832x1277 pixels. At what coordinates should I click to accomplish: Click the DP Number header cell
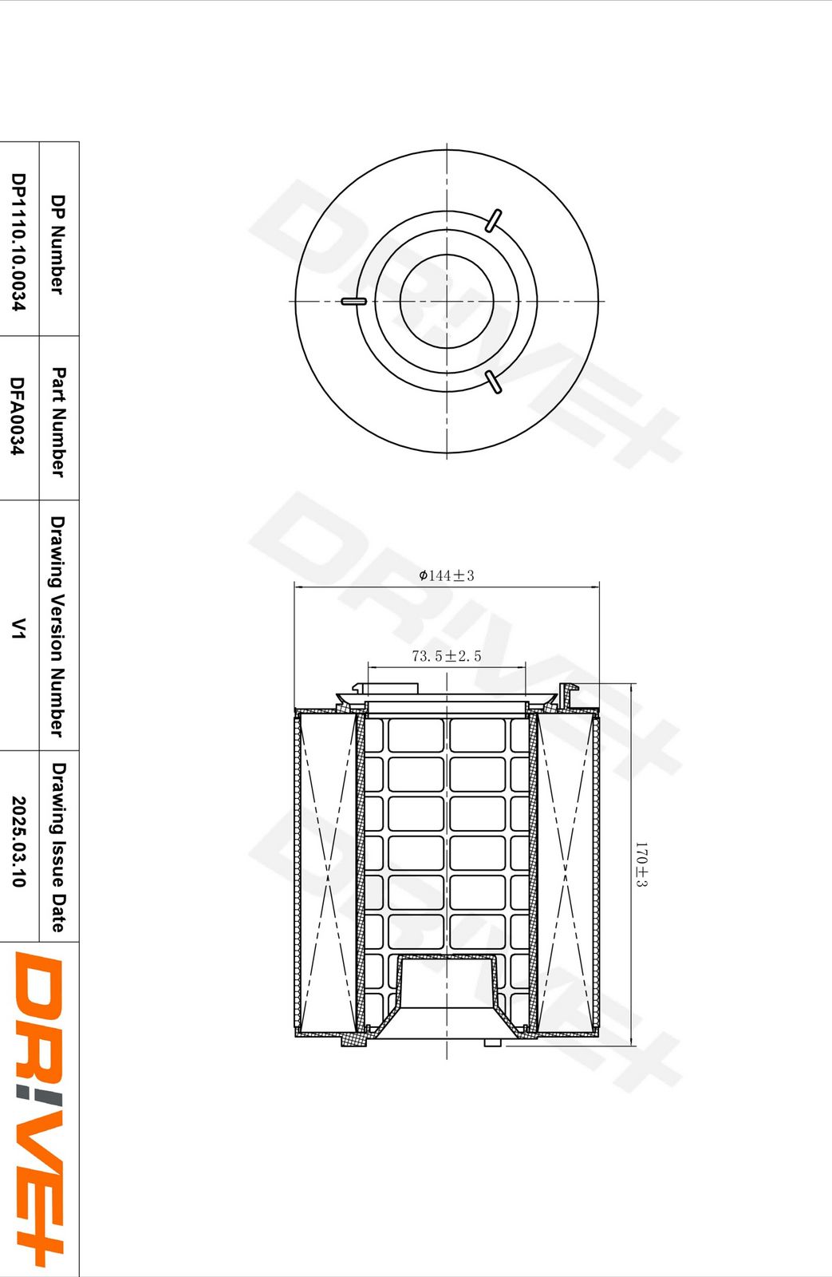[x=58, y=243]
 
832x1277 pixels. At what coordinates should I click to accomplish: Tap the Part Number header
[x=58, y=421]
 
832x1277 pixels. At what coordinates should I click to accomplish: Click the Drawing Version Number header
[x=57, y=627]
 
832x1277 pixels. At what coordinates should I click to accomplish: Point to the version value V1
[x=18, y=628]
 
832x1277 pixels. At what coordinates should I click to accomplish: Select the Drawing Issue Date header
[x=58, y=847]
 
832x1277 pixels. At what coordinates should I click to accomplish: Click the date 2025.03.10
[x=18, y=841]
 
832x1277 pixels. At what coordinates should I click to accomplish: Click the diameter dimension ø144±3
[x=447, y=575]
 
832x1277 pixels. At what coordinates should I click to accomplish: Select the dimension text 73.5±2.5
[x=447, y=656]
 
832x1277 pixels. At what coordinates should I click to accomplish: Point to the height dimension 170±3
[x=641, y=864]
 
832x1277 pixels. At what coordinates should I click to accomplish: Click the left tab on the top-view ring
[x=353, y=302]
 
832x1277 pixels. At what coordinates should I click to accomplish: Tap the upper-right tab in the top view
[x=494, y=220]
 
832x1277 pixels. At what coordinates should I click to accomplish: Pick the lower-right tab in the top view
[x=494, y=382]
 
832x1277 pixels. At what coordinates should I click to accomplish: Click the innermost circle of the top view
[x=447, y=301]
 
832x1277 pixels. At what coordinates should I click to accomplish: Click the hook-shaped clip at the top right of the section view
[x=568, y=693]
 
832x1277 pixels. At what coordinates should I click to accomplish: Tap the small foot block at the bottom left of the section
[x=353, y=1040]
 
